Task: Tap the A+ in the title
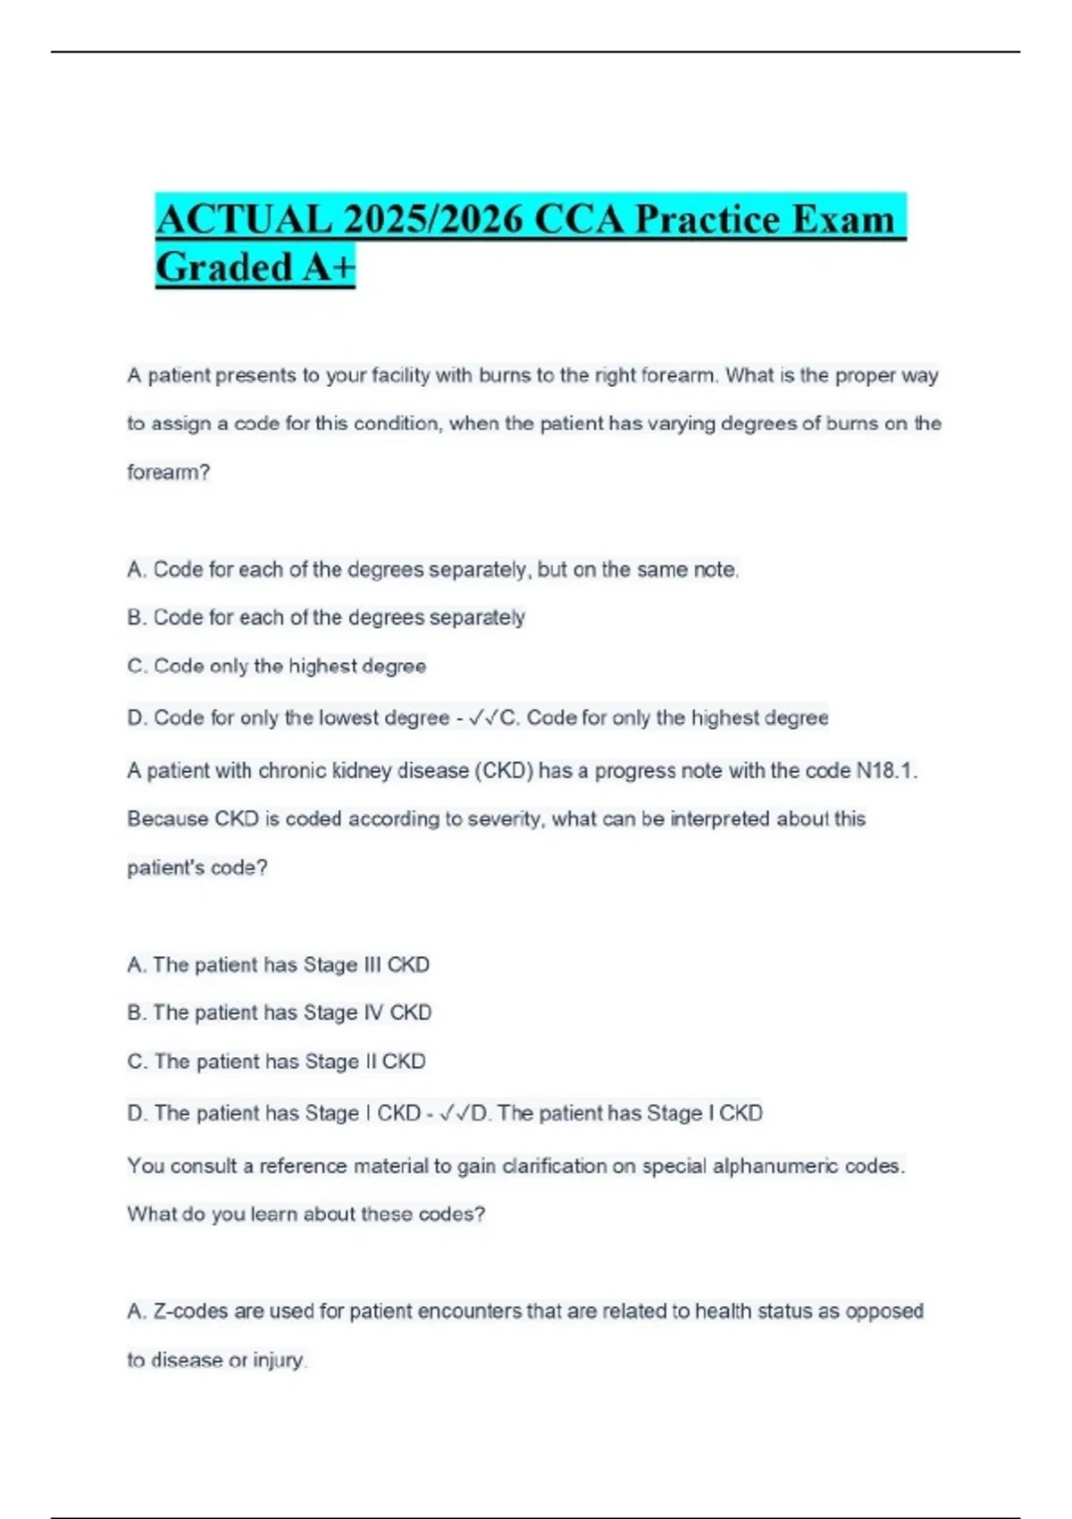tap(329, 266)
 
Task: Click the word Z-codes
tap(190, 1311)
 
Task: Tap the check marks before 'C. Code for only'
tap(482, 718)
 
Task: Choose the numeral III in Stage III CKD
tap(373, 965)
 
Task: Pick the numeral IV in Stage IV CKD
tap(373, 1012)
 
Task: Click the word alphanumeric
tap(775, 1166)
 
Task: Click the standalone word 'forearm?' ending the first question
tap(168, 472)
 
